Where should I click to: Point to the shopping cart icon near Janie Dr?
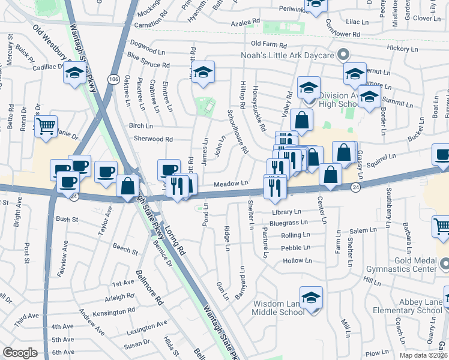tap(46, 127)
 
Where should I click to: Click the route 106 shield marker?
tap(113, 79)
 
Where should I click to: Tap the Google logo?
tap(20, 353)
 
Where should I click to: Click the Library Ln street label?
tap(286, 212)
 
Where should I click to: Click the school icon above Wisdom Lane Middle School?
tap(311, 298)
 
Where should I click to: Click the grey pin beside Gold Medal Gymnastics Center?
tap(444, 263)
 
